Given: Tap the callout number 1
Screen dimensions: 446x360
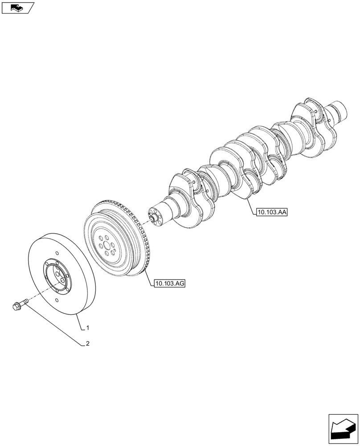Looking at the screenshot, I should pyautogui.click(x=88, y=328).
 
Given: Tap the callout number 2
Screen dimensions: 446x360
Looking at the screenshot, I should pyautogui.click(x=88, y=344).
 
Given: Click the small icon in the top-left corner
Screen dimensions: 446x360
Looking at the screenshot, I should pyautogui.click(x=17, y=8).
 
